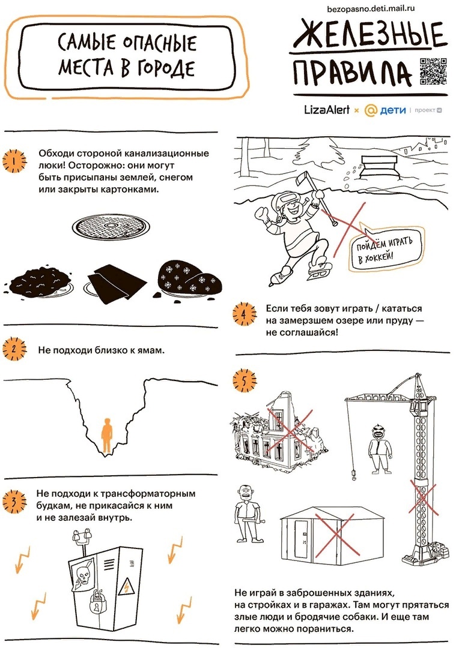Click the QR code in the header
[x=433, y=71]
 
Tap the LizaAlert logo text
[x=327, y=110]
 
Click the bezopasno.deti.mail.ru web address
[x=371, y=8]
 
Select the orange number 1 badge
[x=14, y=161]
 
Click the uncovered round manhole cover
[x=111, y=227]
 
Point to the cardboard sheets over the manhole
[x=117, y=283]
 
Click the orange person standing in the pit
[x=107, y=436]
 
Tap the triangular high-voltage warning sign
[x=125, y=586]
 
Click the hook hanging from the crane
[x=354, y=475]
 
